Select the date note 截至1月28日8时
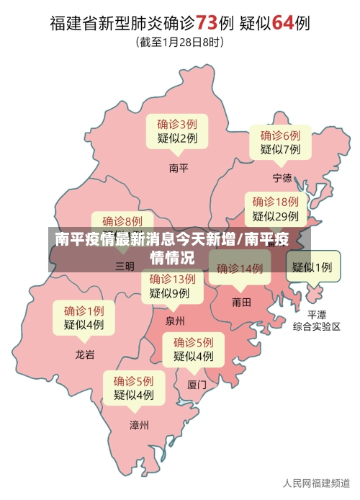pyautogui.click(x=180, y=43)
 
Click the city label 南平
pyautogui.click(x=178, y=168)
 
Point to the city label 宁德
pyautogui.click(x=282, y=177)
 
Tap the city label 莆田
pyautogui.click(x=241, y=303)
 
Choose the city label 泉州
pyautogui.click(x=175, y=321)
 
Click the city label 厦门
pyautogui.click(x=197, y=385)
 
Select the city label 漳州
pyautogui.click(x=139, y=425)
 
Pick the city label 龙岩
pyautogui.click(x=85, y=354)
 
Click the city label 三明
pyautogui.click(x=125, y=266)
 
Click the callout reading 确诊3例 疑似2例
pyautogui.click(x=177, y=131)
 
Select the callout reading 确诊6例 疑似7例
pyautogui.click(x=280, y=142)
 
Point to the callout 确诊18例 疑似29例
pyautogui.click(x=275, y=208)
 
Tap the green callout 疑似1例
pyautogui.click(x=312, y=267)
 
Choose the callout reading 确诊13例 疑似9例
pyautogui.click(x=172, y=286)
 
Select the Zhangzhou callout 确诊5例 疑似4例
pyautogui.click(x=133, y=388)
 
